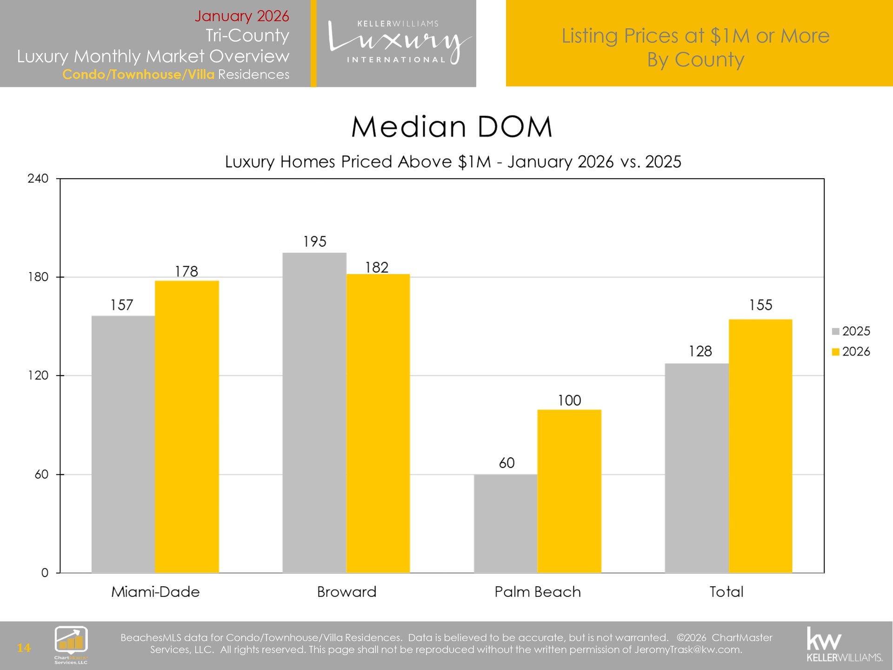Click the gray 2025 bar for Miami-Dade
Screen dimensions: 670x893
(x=123, y=444)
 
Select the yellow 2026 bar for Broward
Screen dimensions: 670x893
(x=378, y=423)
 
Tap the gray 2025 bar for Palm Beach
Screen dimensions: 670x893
(x=506, y=523)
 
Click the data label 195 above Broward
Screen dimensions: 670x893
(x=315, y=241)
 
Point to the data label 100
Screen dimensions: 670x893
(x=569, y=400)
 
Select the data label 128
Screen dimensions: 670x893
(x=700, y=351)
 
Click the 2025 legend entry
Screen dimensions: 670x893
(x=851, y=331)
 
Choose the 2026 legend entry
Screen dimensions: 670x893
(x=851, y=352)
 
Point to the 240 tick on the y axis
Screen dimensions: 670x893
(x=38, y=179)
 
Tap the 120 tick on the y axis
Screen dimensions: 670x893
(x=38, y=375)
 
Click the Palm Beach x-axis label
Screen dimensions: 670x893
(x=537, y=592)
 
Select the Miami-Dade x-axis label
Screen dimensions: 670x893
(x=155, y=592)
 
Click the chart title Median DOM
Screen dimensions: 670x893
(x=451, y=127)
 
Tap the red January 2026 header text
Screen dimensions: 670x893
(x=241, y=16)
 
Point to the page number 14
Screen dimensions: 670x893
(x=23, y=648)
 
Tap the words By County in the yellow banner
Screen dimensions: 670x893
(x=695, y=60)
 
